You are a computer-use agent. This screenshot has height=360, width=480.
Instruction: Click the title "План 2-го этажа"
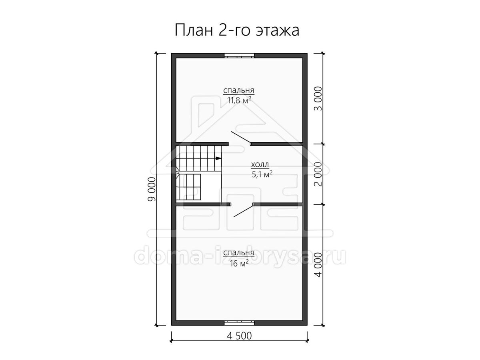click(237, 30)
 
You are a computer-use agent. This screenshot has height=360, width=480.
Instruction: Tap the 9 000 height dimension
click(152, 189)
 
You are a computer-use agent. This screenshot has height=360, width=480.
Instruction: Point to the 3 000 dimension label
click(318, 98)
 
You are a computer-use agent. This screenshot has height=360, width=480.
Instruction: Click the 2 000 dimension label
click(318, 174)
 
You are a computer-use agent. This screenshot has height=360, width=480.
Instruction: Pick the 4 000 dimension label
click(318, 265)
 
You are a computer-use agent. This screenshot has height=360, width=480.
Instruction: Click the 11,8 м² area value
click(239, 100)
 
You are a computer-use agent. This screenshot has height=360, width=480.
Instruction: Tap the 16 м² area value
click(239, 263)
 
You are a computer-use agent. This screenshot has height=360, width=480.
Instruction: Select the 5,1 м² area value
click(262, 174)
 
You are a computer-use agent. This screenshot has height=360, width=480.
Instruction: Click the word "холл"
click(260, 164)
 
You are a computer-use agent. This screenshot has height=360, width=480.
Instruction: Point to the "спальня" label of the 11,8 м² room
click(238, 90)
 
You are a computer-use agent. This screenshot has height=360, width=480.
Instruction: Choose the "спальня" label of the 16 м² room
click(238, 253)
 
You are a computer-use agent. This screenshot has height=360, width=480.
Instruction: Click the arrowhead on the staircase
click(218, 158)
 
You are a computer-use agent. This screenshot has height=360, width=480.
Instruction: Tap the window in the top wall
click(240, 56)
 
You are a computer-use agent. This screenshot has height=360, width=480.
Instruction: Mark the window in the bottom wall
click(240, 323)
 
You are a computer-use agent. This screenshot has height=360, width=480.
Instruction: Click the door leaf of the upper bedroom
click(241, 137)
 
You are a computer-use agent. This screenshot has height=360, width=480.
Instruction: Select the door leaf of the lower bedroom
click(243, 211)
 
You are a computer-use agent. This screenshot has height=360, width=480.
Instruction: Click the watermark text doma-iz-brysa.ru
click(240, 257)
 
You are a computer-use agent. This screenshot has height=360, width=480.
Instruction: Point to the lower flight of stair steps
click(188, 187)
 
